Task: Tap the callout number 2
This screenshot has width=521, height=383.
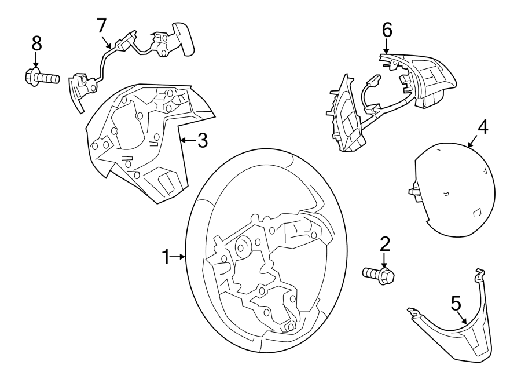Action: pos(384,245)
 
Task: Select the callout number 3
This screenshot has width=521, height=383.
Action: pos(202,140)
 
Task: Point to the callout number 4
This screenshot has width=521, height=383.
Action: pos(482,127)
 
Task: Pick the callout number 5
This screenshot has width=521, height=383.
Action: pos(456,303)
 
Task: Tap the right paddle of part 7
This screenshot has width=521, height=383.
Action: pos(182,39)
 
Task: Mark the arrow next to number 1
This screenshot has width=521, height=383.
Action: pos(179,257)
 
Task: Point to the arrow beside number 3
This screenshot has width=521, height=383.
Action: pos(186,140)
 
